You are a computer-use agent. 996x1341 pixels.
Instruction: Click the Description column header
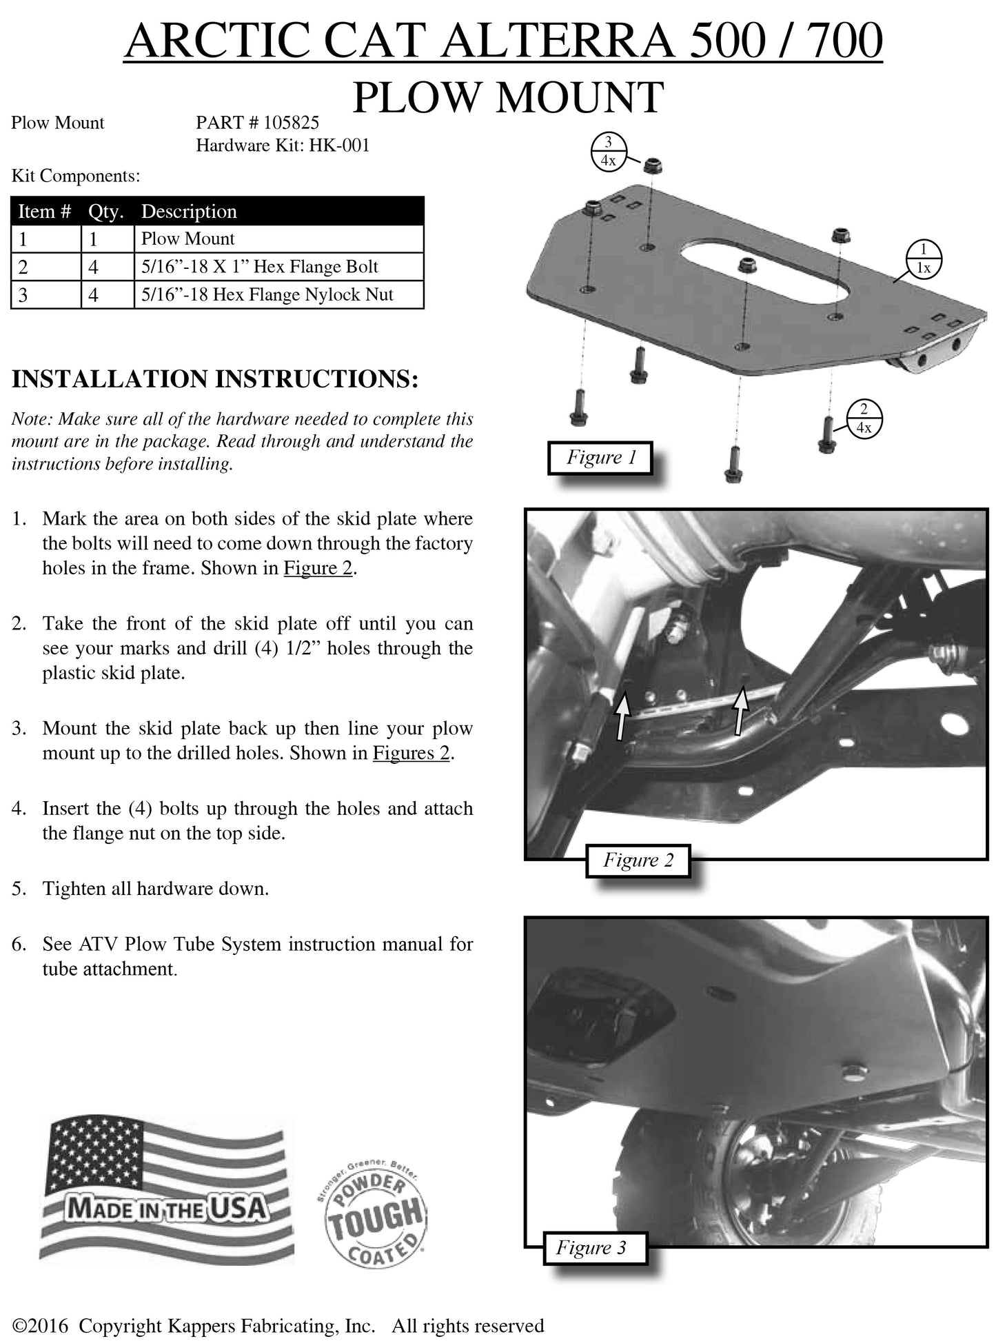tap(189, 212)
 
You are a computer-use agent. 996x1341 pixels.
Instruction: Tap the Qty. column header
tap(105, 212)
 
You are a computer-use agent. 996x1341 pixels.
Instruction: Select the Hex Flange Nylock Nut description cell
tap(267, 295)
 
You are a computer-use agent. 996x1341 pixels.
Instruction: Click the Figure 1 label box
tap(600, 458)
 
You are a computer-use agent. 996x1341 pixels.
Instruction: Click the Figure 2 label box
tap(638, 860)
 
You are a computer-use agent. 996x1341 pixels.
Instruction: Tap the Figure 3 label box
tap(591, 1247)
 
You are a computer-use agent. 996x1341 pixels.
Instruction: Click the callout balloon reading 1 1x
tap(923, 259)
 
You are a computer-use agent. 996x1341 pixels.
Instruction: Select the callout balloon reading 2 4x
tap(863, 418)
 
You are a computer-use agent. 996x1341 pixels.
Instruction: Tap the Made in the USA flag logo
tap(165, 1191)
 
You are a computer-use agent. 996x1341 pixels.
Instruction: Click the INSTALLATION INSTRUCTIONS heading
tap(215, 380)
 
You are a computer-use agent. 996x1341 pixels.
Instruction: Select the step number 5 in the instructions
tap(19, 889)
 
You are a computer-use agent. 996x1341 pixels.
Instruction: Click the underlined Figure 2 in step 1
tap(318, 569)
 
